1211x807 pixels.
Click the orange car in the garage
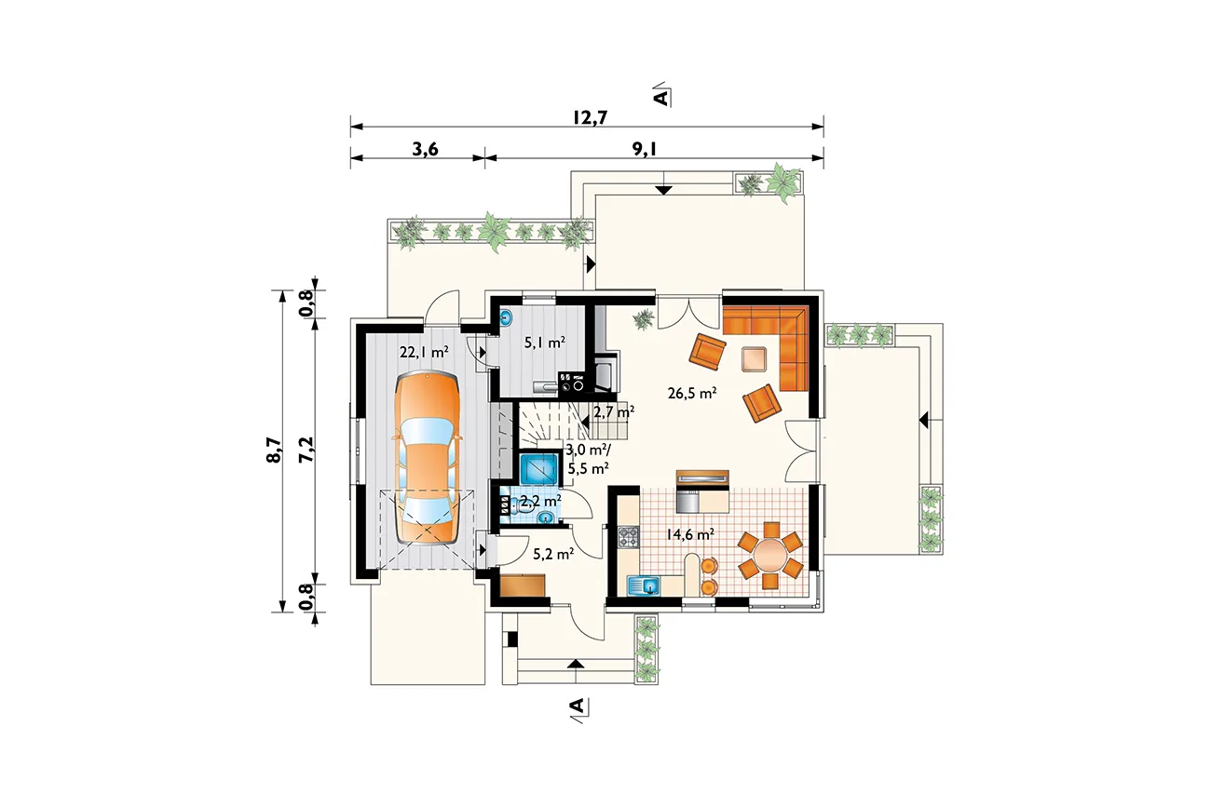coord(427,458)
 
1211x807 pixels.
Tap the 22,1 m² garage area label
coord(424,352)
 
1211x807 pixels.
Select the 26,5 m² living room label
coord(692,393)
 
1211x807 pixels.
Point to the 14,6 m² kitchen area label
coord(690,535)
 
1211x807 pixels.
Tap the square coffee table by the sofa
coord(754,359)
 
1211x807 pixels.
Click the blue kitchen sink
coord(644,585)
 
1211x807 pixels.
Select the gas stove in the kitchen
coord(628,537)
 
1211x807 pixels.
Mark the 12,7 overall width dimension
coord(590,117)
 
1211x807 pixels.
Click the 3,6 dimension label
coord(425,149)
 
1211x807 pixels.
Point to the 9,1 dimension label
coord(645,149)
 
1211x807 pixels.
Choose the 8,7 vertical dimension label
coord(274,450)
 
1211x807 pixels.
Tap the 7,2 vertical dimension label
coord(306,450)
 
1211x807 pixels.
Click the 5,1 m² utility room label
coord(545,342)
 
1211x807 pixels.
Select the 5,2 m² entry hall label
coord(553,554)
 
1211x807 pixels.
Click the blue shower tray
coord(538,468)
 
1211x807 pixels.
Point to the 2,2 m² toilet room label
coord(540,501)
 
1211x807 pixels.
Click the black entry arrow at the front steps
coord(577,664)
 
